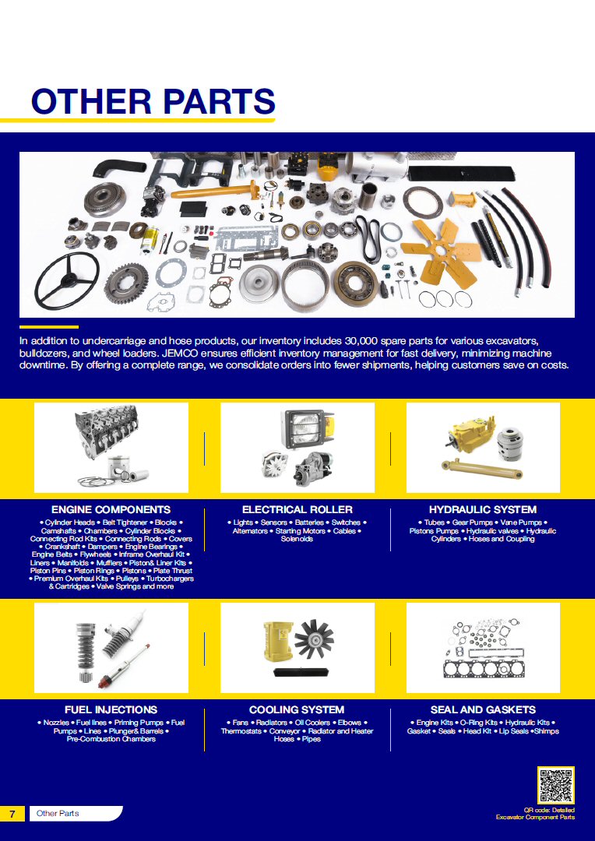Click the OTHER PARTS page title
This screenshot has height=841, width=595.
[x=153, y=100]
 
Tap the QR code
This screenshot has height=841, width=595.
[x=556, y=786]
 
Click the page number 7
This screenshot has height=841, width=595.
[x=12, y=814]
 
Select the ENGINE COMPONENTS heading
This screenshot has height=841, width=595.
[x=111, y=509]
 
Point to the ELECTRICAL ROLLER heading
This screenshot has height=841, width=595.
[x=297, y=509]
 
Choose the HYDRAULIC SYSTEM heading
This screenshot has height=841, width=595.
[x=483, y=509]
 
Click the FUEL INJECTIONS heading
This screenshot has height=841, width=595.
[x=111, y=709]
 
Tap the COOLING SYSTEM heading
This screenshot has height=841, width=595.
[x=297, y=709]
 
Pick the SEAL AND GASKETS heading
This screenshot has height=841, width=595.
[x=483, y=709]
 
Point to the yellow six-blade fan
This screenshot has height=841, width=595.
[x=441, y=250]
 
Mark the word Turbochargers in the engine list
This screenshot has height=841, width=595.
[x=170, y=579]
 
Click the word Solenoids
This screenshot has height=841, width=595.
[x=297, y=539]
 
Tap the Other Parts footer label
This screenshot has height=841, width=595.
[x=58, y=814]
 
